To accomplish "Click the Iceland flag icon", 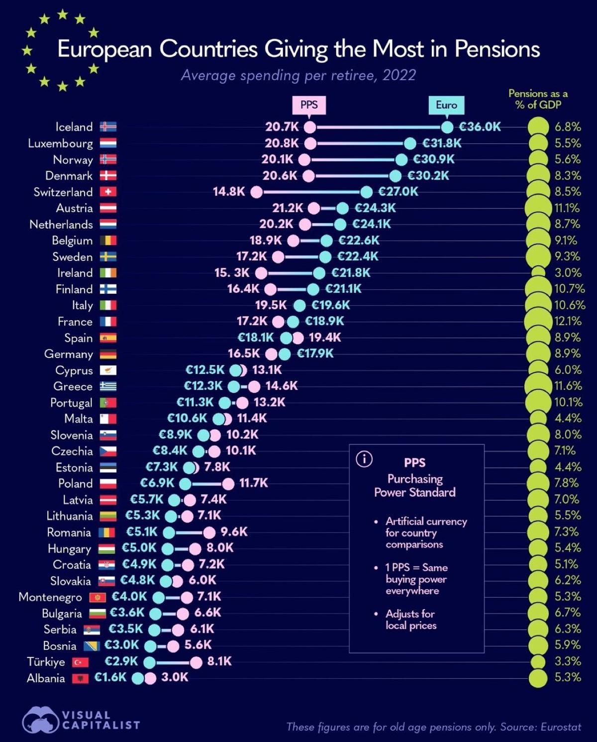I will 108,127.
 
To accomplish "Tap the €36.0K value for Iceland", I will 480,127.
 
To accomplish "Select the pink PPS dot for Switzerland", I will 257,192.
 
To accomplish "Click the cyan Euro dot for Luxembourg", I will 410,144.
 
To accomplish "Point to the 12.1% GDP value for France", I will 568,321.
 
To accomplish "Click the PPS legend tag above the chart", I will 309,105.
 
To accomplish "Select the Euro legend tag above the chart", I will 446,105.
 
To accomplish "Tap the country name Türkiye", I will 46,662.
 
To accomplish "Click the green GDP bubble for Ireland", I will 538,273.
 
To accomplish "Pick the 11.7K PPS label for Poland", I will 254,483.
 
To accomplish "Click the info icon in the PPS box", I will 364,459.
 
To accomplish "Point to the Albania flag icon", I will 80,678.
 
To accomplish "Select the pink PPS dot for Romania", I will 209,532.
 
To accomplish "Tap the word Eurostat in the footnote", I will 560,727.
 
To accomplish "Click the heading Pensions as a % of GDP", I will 538,99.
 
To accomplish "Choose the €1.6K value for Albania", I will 110,677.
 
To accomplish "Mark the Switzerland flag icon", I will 108,192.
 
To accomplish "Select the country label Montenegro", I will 50,597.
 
